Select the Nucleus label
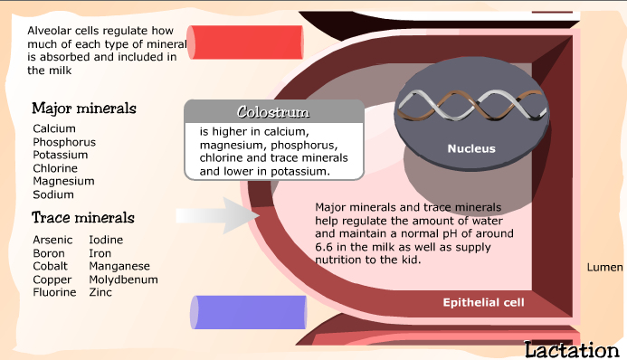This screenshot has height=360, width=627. (471, 148)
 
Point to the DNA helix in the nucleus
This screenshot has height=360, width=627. (470, 107)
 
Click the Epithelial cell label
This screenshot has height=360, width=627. (483, 302)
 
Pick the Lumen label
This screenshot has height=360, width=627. (604, 268)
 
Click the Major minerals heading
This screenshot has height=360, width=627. (83, 109)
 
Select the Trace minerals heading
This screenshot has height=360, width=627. (83, 218)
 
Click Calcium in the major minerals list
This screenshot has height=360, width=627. (54, 129)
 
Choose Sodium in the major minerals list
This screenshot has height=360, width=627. (53, 194)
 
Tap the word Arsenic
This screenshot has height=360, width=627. (53, 240)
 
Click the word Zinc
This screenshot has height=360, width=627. (100, 292)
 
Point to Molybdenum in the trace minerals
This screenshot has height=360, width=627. (123, 279)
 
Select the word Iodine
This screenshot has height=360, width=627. (106, 240)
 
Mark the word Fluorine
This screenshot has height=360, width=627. (55, 292)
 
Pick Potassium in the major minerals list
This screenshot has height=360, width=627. (60, 156)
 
